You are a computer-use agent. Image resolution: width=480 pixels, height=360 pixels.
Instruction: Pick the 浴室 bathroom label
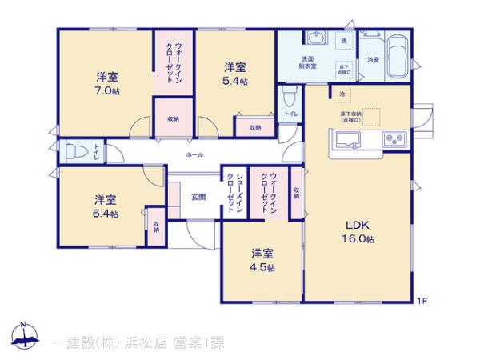(373, 60)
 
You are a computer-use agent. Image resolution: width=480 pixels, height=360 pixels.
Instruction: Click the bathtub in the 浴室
(397, 56)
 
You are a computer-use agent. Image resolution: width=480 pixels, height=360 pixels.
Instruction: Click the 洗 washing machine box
(344, 40)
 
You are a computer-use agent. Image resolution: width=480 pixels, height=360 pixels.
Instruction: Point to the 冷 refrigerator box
(342, 94)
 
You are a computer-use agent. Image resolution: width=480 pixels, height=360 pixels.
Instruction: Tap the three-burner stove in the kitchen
(395, 140)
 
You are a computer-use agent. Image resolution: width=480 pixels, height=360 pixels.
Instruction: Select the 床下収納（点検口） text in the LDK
(351, 116)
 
